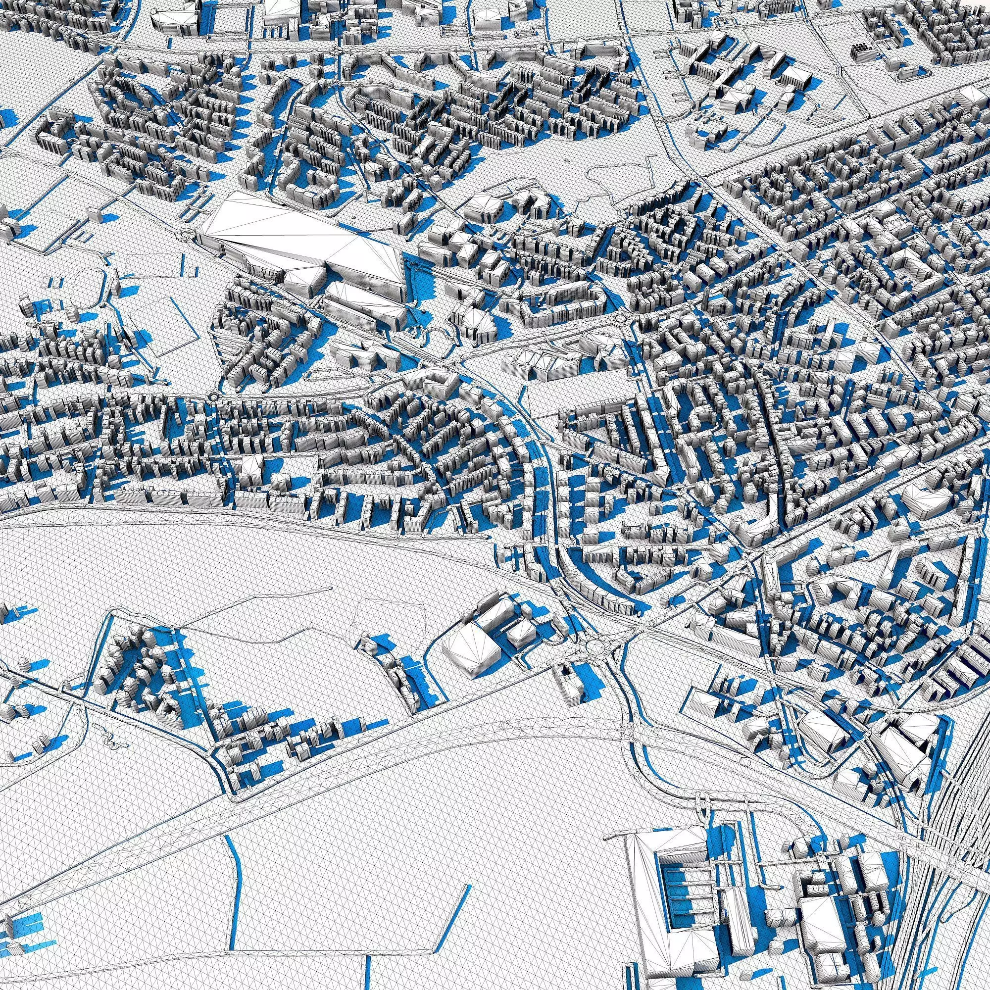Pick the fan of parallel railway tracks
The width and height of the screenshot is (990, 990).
coord(948,845)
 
